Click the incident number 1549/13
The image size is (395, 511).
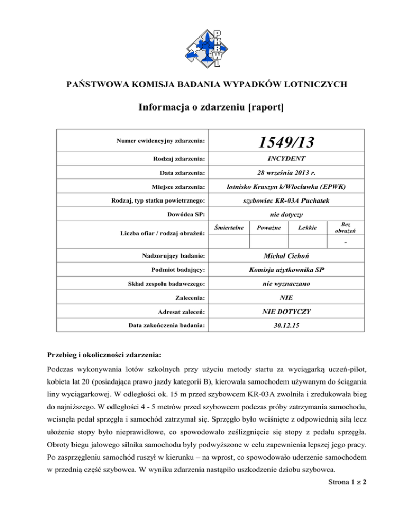[281, 140]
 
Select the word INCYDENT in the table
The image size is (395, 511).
[281, 160]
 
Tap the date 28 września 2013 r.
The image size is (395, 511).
[281, 174]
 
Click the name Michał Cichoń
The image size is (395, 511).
[281, 254]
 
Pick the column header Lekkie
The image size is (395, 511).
[301, 212]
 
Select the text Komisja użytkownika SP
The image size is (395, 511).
[281, 269]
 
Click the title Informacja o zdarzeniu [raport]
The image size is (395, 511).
[197, 108]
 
